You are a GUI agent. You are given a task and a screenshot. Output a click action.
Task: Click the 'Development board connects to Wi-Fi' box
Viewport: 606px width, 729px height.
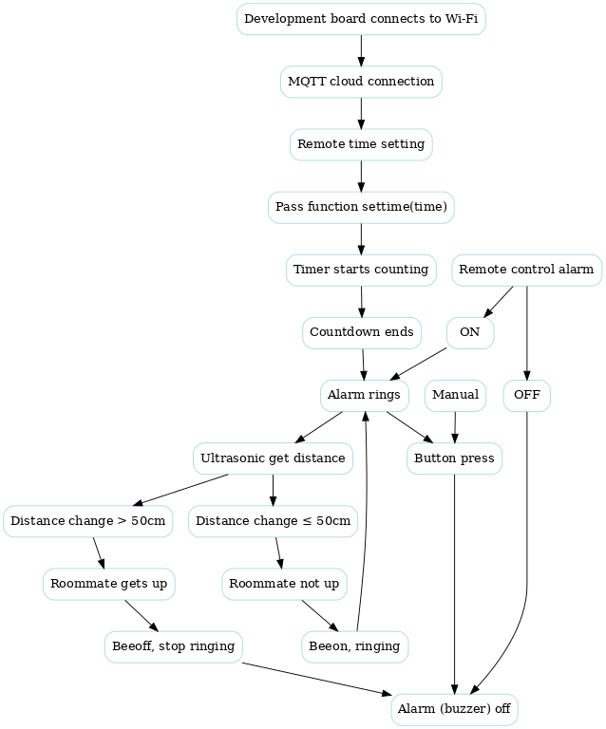tap(361, 19)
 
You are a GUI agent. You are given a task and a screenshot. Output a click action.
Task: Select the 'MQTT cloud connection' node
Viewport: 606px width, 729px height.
tap(361, 82)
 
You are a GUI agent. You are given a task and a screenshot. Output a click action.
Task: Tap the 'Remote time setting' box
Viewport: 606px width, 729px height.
tap(361, 144)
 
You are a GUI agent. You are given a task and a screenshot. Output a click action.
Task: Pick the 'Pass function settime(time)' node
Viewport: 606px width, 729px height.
tap(361, 207)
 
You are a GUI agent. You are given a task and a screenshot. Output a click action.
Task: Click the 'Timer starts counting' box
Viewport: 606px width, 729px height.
tap(361, 270)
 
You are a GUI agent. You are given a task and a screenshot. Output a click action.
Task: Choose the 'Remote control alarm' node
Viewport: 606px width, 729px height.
tap(526, 270)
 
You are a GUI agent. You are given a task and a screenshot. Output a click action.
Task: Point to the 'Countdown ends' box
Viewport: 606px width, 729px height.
tap(362, 332)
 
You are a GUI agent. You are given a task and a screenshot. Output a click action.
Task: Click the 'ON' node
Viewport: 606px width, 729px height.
tap(469, 332)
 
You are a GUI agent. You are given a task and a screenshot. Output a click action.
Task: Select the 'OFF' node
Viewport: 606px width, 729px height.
tap(526, 395)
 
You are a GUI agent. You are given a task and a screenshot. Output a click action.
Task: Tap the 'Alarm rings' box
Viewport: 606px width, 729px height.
tap(364, 395)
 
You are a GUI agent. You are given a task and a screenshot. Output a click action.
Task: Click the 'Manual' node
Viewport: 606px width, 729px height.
tap(455, 395)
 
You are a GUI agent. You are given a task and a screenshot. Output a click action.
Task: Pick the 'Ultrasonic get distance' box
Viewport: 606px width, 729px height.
tap(273, 458)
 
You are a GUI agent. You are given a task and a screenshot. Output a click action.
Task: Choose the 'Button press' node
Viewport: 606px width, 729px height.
tap(454, 458)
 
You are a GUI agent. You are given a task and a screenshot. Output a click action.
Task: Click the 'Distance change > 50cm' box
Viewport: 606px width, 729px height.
tap(88, 521)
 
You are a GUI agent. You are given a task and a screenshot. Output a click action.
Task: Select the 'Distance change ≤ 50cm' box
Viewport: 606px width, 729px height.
tap(273, 521)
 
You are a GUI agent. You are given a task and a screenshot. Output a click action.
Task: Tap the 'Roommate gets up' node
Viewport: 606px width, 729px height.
tap(107, 584)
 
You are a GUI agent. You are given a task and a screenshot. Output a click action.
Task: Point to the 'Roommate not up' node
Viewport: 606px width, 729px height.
tap(284, 584)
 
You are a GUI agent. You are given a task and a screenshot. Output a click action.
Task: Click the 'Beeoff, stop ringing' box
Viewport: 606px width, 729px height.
tap(173, 646)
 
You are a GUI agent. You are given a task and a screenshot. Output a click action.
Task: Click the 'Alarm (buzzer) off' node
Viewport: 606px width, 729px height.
tap(455, 709)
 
